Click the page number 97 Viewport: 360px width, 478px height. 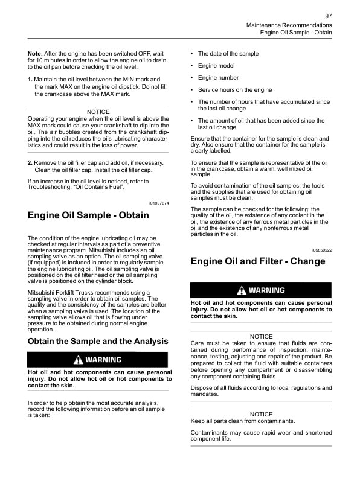tap(328, 15)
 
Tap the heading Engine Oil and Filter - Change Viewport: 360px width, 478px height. tap(258, 261)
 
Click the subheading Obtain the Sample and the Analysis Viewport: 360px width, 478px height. tap(98, 341)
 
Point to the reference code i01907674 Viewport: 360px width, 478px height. tap(159, 203)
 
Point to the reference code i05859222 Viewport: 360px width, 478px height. tap(322, 249)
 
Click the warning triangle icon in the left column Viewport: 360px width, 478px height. tap(78, 360)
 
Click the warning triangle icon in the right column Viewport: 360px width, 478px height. tap(242, 290)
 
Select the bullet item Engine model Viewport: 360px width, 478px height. tap(216, 65)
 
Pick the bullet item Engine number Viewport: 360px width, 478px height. tap(218, 77)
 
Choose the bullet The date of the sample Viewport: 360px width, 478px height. tap(228, 53)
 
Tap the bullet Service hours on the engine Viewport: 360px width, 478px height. tap(235, 90)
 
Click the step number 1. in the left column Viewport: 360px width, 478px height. tap(30, 80)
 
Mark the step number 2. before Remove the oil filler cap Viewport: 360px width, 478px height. tap(30, 164)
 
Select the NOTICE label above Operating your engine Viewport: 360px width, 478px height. tap(98, 112)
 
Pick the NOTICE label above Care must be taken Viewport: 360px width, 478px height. tap(261, 336)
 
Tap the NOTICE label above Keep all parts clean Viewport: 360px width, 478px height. tap(261, 414)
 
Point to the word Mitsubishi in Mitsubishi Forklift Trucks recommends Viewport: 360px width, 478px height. tap(43, 292)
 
